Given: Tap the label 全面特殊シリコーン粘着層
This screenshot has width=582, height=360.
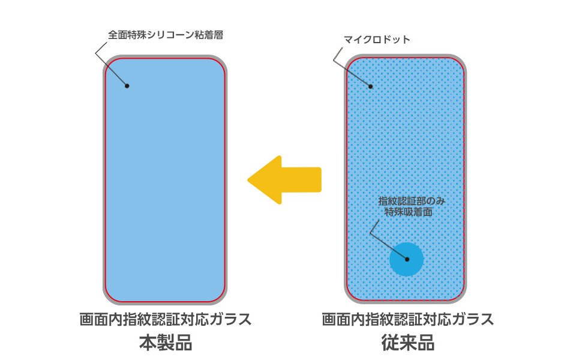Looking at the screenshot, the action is point(166,35).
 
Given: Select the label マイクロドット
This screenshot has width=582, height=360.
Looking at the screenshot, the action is point(377,40).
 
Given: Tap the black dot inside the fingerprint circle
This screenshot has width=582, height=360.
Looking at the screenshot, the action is point(407,259).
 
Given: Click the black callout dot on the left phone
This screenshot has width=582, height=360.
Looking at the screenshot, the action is point(127,86).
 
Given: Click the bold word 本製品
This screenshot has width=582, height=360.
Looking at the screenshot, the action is point(166,343).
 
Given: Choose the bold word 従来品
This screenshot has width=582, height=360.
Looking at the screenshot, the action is point(408,343).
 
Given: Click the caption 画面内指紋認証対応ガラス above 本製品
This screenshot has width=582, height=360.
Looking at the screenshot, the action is point(166,319).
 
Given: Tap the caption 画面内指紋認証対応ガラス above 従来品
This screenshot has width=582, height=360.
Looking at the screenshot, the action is point(408,319).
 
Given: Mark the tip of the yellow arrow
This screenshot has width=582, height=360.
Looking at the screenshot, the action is point(250,180).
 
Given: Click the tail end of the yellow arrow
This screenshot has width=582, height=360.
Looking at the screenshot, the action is point(320,180).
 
